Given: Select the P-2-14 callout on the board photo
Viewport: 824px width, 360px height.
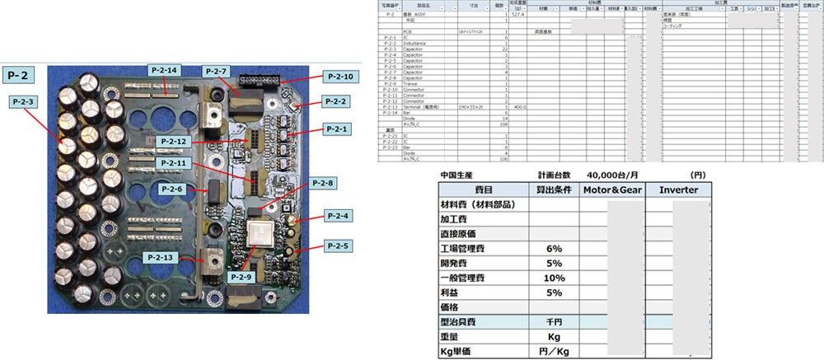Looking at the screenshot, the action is coord(164,70).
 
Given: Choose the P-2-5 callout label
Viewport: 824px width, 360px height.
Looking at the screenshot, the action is coord(338,245).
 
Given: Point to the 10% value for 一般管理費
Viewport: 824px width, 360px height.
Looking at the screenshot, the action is coord(553,278).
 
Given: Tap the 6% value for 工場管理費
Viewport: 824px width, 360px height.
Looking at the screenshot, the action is coord(553,249).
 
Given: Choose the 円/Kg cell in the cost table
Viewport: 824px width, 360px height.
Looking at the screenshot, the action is coord(553,352).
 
